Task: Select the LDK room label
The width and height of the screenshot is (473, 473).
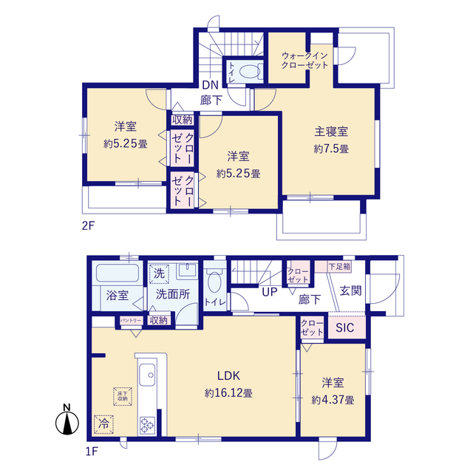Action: (229, 375)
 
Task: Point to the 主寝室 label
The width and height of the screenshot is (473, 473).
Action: (331, 132)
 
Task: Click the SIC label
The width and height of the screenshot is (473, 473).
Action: (344, 329)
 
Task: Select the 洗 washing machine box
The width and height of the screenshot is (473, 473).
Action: (158, 273)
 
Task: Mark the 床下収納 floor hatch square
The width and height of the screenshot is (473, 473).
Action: (120, 395)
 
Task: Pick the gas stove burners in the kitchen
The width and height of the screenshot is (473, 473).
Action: (146, 425)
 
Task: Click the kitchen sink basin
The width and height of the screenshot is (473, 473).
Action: (146, 374)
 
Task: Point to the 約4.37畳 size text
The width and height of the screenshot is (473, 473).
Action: (333, 400)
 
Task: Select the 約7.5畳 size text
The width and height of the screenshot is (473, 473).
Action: (331, 149)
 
